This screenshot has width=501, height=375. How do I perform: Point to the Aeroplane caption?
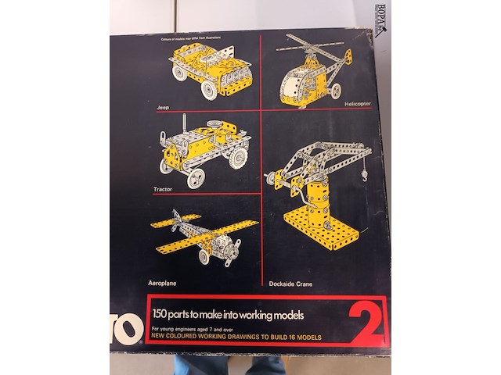[164, 280]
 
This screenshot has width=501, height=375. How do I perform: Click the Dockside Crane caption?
[290, 284]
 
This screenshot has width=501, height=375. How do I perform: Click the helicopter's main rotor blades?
[314, 45]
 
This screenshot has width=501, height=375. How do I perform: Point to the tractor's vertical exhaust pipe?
[186, 124]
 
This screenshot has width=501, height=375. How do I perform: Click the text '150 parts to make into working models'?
[227, 315]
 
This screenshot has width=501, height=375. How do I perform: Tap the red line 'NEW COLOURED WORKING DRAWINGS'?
[235, 337]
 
